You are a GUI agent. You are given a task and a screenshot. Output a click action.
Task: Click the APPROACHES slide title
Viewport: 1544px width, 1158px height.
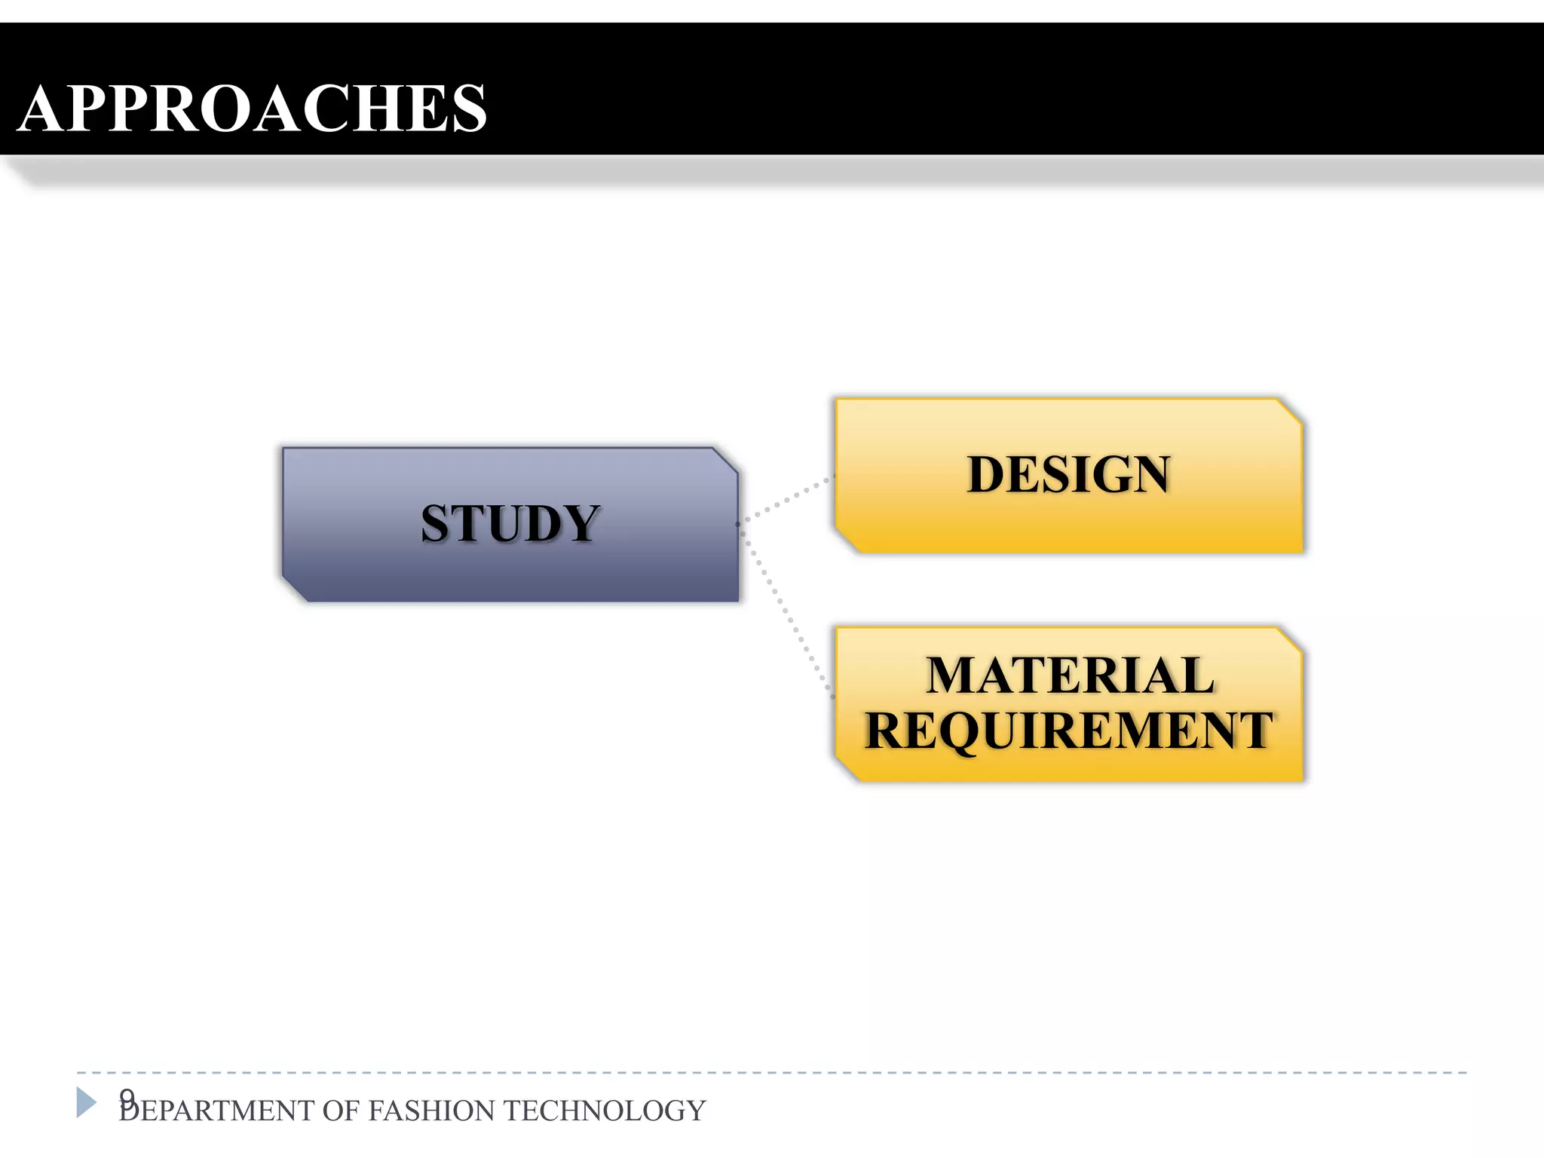(253, 109)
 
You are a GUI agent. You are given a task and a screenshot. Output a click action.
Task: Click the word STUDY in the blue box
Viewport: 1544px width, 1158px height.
(510, 523)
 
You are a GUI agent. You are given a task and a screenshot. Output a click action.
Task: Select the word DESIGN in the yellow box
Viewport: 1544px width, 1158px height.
(1068, 474)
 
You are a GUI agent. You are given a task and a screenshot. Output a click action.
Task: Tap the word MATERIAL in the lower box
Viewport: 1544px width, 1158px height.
(1070, 675)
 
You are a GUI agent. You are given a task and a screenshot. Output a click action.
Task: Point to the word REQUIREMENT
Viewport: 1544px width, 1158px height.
(1068, 730)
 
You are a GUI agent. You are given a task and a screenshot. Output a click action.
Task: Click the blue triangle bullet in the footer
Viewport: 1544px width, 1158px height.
(86, 1102)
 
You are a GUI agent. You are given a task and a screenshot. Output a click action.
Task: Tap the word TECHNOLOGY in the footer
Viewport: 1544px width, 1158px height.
(604, 1111)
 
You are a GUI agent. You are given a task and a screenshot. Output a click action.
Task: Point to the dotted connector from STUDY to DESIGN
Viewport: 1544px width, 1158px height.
(788, 499)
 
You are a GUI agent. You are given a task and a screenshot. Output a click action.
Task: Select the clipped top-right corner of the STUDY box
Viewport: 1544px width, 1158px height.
(725, 461)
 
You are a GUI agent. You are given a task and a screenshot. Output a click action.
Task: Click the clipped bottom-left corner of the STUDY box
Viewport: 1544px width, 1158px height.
(295, 590)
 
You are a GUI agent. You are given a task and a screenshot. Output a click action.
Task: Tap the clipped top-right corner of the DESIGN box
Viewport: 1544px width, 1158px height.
(1290, 412)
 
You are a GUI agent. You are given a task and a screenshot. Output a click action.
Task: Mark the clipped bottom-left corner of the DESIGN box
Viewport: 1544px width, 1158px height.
(847, 541)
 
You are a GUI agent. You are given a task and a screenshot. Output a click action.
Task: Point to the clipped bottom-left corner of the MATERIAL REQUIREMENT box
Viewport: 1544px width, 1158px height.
(847, 769)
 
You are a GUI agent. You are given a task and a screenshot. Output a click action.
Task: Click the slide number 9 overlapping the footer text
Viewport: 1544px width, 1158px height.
(127, 1097)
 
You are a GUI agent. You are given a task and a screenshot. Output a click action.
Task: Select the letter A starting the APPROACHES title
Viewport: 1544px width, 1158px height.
(44, 109)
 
